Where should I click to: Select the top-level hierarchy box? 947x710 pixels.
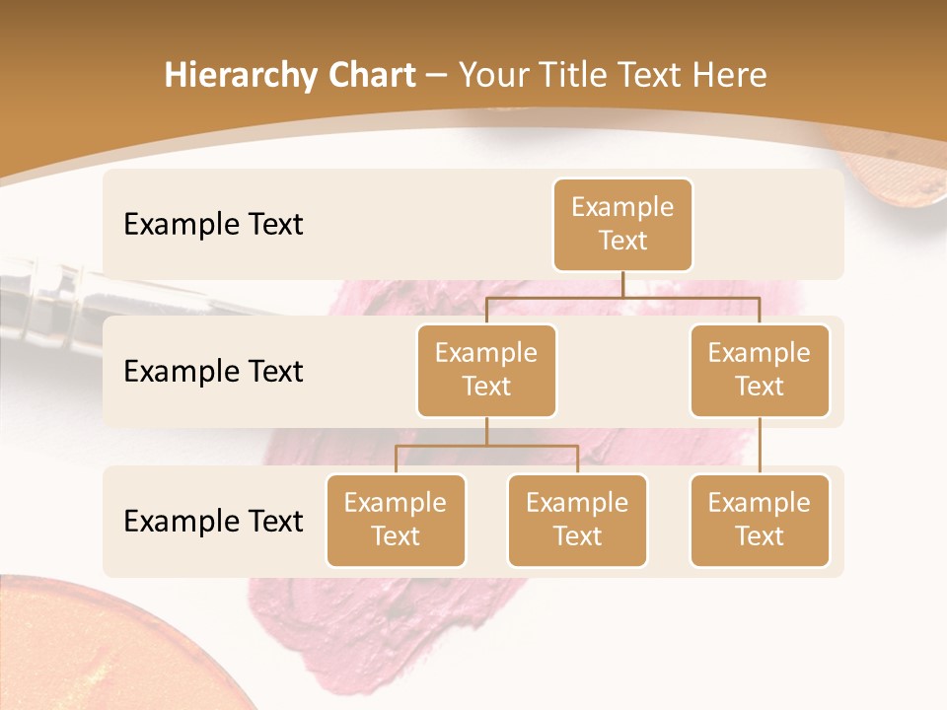point(622,224)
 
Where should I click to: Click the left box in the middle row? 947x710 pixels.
point(486,370)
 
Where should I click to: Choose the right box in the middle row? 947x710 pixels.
point(760,370)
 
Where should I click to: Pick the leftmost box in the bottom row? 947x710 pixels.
point(396,520)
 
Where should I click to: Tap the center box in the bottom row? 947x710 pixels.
point(577,520)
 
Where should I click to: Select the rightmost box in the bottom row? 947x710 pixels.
point(760,520)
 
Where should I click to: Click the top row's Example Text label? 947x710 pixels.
point(213,224)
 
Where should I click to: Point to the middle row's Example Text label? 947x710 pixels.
point(213,371)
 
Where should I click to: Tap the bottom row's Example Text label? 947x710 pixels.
point(213,521)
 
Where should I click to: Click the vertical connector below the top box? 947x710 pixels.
point(622,284)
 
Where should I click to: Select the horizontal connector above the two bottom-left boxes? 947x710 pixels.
point(486,446)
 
